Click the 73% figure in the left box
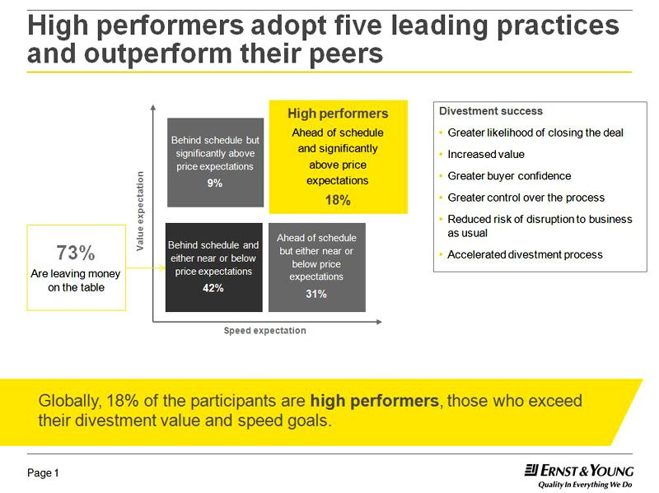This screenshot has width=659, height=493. [76, 253]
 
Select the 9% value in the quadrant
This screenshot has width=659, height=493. [215, 184]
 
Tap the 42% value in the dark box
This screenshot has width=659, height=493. [213, 288]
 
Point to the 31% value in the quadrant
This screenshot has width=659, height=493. [316, 294]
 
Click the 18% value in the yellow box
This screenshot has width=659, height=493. [338, 200]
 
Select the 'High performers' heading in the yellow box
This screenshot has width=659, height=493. [338, 114]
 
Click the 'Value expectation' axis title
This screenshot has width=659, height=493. [140, 212]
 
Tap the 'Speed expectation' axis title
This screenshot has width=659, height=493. [264, 331]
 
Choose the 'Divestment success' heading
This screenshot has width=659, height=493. [491, 111]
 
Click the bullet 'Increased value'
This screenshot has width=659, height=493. [486, 154]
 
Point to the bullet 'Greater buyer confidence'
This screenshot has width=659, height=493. [509, 175]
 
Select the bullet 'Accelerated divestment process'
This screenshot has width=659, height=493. [525, 254]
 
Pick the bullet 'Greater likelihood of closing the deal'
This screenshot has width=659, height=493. [535, 133]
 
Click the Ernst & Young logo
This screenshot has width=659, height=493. [579, 471]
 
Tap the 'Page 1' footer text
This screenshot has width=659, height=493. [44, 473]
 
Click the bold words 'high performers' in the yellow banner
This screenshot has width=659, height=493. [374, 402]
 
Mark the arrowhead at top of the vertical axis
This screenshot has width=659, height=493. [153, 106]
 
